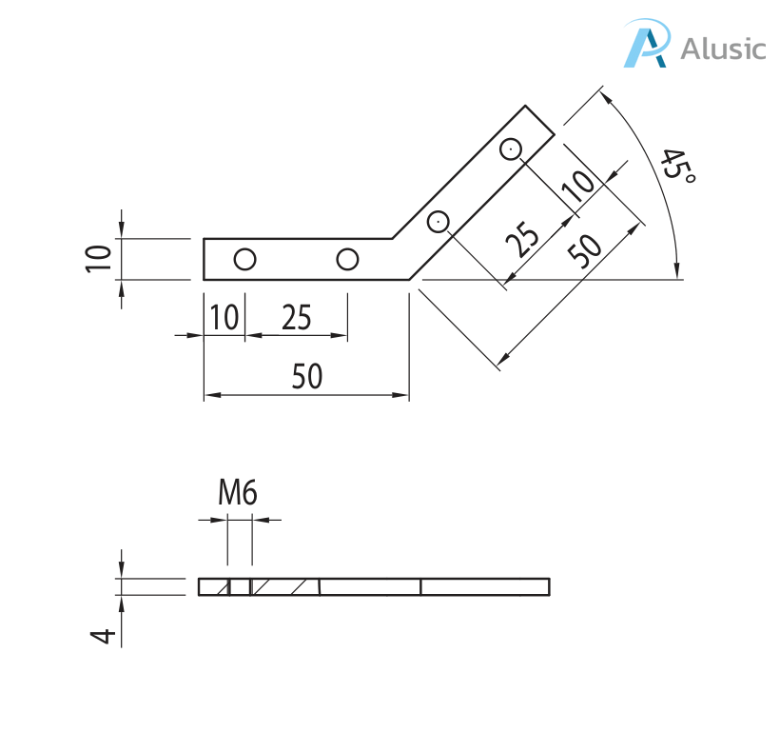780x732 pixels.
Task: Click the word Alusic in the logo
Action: click(723, 49)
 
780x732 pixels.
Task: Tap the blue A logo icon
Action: click(647, 44)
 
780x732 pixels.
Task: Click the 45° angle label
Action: click(676, 166)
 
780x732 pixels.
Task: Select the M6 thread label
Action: click(238, 492)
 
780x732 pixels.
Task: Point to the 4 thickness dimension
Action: click(103, 636)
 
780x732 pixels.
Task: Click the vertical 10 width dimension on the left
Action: click(99, 259)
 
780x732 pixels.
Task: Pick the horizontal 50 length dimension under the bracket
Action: click(307, 376)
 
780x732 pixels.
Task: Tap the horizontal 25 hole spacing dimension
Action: click(297, 317)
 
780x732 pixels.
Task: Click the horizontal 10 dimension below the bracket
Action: click(224, 317)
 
